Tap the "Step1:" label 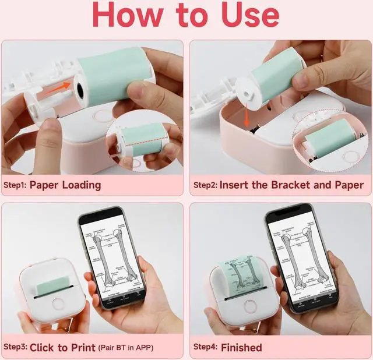coord(15,185)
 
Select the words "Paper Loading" coord(65,185)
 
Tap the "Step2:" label coord(205,185)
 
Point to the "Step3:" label coord(15,347)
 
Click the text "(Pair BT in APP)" coord(134,347)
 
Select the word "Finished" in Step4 coord(241,347)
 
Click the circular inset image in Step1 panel coord(140,143)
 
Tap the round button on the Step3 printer coord(57,304)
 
